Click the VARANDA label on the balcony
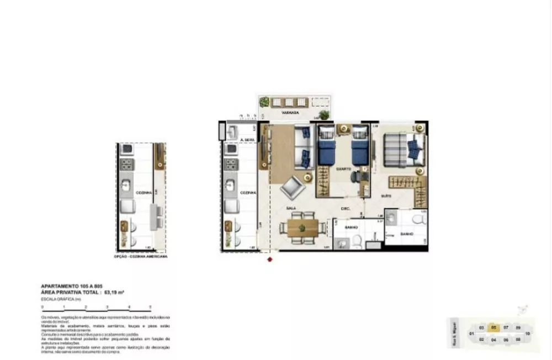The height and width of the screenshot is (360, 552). (x=290, y=112)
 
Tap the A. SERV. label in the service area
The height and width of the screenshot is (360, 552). (x=238, y=140)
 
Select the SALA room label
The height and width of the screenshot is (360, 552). (x=291, y=208)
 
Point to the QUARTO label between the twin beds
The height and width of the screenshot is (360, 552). (x=343, y=168)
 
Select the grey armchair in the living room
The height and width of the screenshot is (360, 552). (x=292, y=188)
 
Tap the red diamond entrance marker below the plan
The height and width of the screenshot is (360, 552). (x=270, y=259)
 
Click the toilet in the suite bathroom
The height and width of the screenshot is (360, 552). (x=419, y=220)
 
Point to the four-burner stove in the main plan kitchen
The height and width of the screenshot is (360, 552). (x=231, y=165)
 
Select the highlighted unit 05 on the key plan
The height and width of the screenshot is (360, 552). (x=494, y=327)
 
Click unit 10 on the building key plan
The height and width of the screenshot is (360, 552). (x=528, y=333)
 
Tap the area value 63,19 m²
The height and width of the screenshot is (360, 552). (x=114, y=292)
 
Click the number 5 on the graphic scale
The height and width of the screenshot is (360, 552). (x=150, y=306)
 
